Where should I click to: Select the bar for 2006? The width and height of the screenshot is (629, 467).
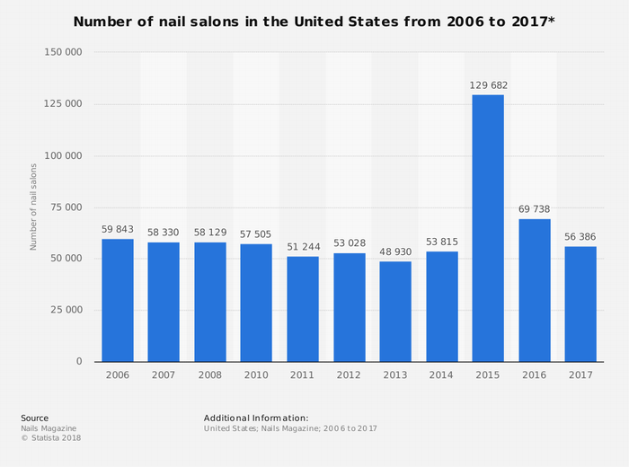click(x=118, y=300)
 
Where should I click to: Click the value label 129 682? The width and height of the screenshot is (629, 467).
click(x=488, y=85)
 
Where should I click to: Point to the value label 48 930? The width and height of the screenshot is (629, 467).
click(x=395, y=252)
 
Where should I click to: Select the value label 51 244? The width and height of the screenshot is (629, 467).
click(x=303, y=248)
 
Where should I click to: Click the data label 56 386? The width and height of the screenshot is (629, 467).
click(x=580, y=237)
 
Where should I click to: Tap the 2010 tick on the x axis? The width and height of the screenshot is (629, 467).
click(x=256, y=374)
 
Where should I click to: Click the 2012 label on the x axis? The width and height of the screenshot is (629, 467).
click(x=349, y=374)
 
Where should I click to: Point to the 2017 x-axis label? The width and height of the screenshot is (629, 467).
click(x=580, y=374)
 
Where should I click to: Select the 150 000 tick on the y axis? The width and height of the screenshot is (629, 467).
click(x=63, y=52)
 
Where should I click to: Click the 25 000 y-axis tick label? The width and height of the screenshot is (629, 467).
click(x=66, y=310)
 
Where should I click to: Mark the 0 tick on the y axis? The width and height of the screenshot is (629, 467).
click(x=79, y=361)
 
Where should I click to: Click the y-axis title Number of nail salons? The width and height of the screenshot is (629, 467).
click(x=33, y=207)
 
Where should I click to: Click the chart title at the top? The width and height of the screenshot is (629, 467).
click(x=314, y=21)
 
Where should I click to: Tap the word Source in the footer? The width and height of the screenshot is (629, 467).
click(x=35, y=418)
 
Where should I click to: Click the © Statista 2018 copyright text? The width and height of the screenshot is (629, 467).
click(x=50, y=438)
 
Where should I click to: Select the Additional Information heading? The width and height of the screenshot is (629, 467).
click(x=256, y=418)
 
